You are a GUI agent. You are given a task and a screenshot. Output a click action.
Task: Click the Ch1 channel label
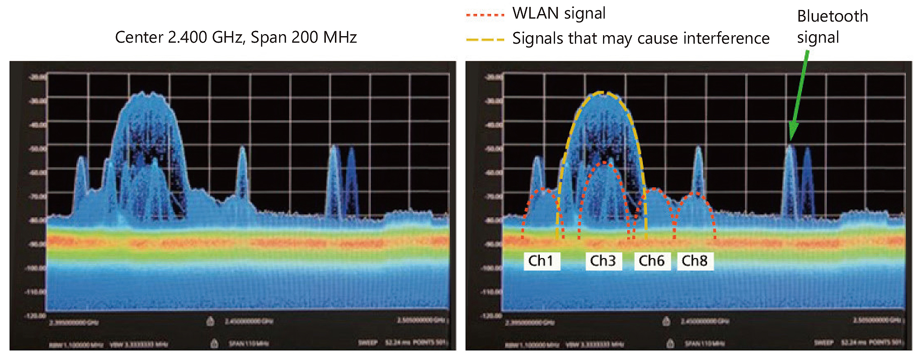pos(541,261)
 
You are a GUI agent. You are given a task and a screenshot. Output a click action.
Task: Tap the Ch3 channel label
pos(603,261)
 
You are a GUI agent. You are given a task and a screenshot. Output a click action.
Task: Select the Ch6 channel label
pos(651,261)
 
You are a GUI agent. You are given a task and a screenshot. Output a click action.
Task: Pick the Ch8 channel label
pos(695,261)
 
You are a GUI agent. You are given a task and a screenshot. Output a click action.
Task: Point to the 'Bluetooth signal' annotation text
pos(832,27)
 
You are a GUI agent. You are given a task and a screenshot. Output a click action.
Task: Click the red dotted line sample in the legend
pos(485,15)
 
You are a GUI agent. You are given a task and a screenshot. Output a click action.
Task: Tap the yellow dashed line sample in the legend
pos(485,39)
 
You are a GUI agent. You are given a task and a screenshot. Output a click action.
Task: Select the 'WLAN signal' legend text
pos(558,14)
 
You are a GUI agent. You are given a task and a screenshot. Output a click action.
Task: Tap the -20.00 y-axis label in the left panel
pos(37,77)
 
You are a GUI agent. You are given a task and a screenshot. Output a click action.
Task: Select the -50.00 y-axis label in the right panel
pos(493,149)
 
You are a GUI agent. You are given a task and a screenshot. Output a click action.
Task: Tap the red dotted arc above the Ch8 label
pos(695,194)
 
